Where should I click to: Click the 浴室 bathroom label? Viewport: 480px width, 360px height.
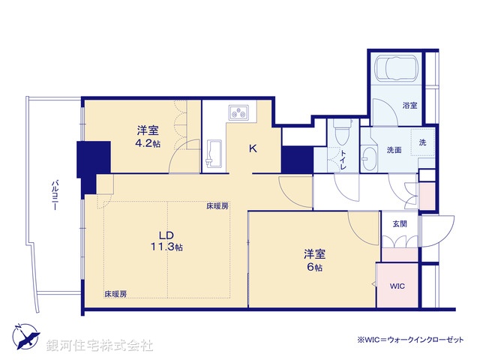click(x=409, y=105)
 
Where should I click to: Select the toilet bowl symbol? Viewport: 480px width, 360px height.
click(x=341, y=133)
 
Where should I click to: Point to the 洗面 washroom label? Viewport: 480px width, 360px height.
click(x=394, y=150)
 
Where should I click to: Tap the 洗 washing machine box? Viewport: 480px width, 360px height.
click(x=422, y=142)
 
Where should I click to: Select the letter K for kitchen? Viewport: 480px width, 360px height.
click(x=253, y=148)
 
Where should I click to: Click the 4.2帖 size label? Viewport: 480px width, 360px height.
click(x=148, y=143)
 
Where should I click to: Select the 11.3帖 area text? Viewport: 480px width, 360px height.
click(x=169, y=247)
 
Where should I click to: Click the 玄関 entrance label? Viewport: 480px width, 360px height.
click(x=398, y=223)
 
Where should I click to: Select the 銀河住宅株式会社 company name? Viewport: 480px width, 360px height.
click(x=100, y=345)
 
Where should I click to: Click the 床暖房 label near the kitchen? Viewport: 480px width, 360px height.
click(x=218, y=205)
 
